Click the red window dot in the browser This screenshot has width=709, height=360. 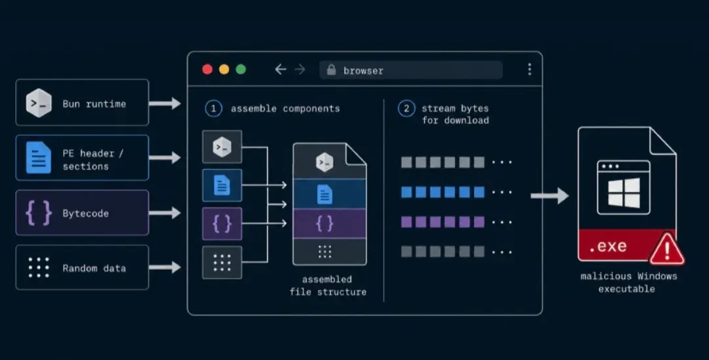click(x=207, y=69)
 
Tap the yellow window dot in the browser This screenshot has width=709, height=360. click(x=225, y=69)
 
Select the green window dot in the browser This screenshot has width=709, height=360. click(x=241, y=69)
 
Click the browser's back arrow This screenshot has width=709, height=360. click(x=280, y=69)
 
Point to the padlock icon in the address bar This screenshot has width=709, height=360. click(x=332, y=70)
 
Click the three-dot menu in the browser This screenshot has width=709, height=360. click(x=530, y=69)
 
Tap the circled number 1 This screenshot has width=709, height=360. click(x=213, y=108)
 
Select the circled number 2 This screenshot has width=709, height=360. click(x=406, y=108)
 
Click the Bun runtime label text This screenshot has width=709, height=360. click(x=94, y=104)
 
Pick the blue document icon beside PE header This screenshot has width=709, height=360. click(x=39, y=158)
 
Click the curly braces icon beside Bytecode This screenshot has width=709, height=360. click(x=39, y=213)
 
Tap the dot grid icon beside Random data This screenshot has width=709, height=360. click(x=39, y=267)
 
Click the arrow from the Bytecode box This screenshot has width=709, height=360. click(x=165, y=213)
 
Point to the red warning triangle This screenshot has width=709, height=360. click(x=666, y=250)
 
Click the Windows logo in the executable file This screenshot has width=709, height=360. click(x=624, y=192)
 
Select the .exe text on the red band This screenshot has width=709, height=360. click(x=608, y=246)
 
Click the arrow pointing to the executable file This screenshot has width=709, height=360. click(x=549, y=196)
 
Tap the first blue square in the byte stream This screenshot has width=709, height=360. click(x=406, y=192)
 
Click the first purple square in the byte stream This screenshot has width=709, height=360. click(x=406, y=222)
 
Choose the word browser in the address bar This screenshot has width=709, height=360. click(x=363, y=70)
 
